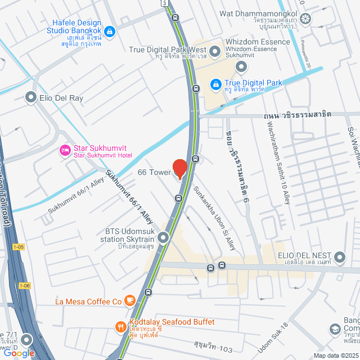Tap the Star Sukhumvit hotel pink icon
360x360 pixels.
click(x=65, y=150)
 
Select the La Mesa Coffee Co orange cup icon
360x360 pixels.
click(x=129, y=301)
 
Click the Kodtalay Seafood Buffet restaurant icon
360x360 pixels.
click(x=120, y=326)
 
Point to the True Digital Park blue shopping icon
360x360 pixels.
click(x=215, y=85)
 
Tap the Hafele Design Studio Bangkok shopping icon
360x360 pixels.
click(x=110, y=30)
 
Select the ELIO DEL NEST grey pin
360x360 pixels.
click(x=339, y=258)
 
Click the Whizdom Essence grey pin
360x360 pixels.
click(x=242, y=67)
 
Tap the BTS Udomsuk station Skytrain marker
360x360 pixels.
click(x=163, y=238)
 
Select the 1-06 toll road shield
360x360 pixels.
click(x=24, y=286)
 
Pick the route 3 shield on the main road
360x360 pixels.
click(x=164, y=3)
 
